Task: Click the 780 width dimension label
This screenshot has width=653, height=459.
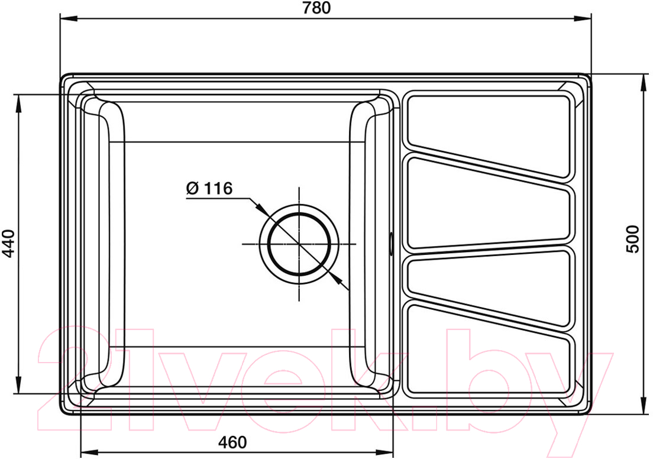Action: click(317, 8)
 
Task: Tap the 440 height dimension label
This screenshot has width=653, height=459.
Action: click(8, 244)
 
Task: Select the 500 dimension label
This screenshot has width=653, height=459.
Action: click(632, 239)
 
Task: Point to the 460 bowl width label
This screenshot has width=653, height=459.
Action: click(232, 442)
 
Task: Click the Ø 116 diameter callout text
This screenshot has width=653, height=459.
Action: click(209, 188)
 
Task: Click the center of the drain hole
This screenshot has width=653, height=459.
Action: click(299, 244)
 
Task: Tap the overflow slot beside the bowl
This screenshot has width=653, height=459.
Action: click(390, 244)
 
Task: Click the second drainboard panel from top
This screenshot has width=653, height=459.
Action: click(488, 204)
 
